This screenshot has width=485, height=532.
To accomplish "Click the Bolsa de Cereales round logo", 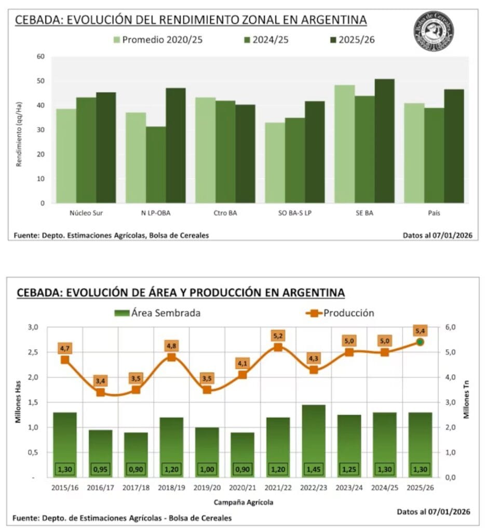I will pos(434,31).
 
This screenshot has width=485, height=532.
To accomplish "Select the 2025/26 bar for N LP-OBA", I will pos(176,145).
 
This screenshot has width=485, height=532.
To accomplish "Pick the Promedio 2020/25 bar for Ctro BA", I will pos(205,150).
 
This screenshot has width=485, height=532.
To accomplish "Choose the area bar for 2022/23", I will pos(313,441).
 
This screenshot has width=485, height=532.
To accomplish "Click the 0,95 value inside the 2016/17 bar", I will pos(100,469).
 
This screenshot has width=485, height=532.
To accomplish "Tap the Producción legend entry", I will pos(343,313).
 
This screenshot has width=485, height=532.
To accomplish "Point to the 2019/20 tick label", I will pos(207,489).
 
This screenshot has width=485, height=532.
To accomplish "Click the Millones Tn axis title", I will pos(466,402).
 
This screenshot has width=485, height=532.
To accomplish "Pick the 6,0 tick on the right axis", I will pos(448,327).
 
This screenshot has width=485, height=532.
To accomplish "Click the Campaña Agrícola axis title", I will pos(243,502).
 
